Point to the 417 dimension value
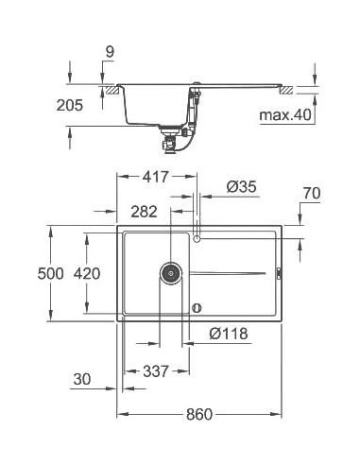point(156,176)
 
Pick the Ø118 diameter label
point(230,333)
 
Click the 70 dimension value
point(310,194)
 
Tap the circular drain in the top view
point(169,273)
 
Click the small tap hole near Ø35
point(197,239)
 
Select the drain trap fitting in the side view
point(171,143)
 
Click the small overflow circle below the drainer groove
point(197,306)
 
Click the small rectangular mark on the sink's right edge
point(278,274)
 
